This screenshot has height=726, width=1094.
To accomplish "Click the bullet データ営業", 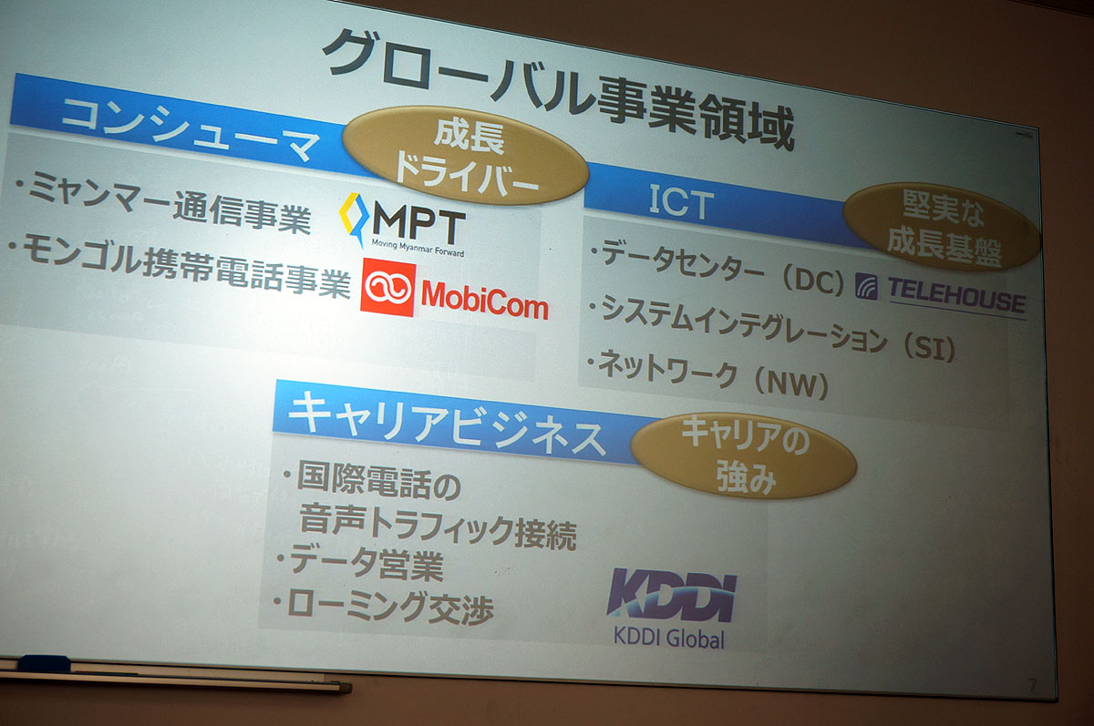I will pyautogui.click(x=365, y=565).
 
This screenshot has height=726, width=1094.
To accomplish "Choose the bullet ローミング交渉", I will pyautogui.click(x=388, y=606).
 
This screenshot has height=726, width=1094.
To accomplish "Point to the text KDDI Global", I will pyautogui.click(x=669, y=637).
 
